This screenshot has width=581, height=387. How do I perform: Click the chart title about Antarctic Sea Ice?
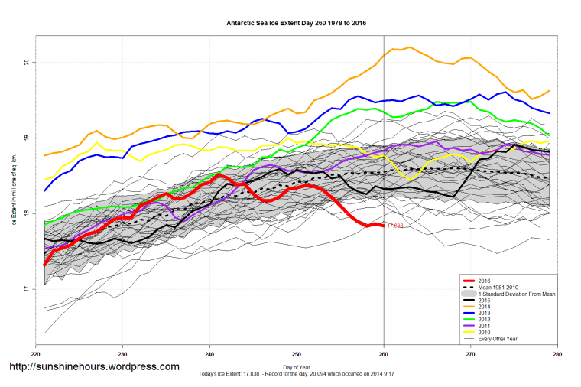pyautogui.click(x=297, y=23)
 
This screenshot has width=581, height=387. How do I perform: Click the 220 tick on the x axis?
pyautogui.click(x=35, y=356)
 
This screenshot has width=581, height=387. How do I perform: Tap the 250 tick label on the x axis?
pyautogui.click(x=297, y=356)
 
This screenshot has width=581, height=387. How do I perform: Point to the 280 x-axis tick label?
pyautogui.click(x=558, y=356)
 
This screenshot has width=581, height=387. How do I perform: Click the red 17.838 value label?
pyautogui.click(x=394, y=226)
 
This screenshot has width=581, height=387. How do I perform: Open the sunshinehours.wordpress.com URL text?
pyautogui.click(x=93, y=367)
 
